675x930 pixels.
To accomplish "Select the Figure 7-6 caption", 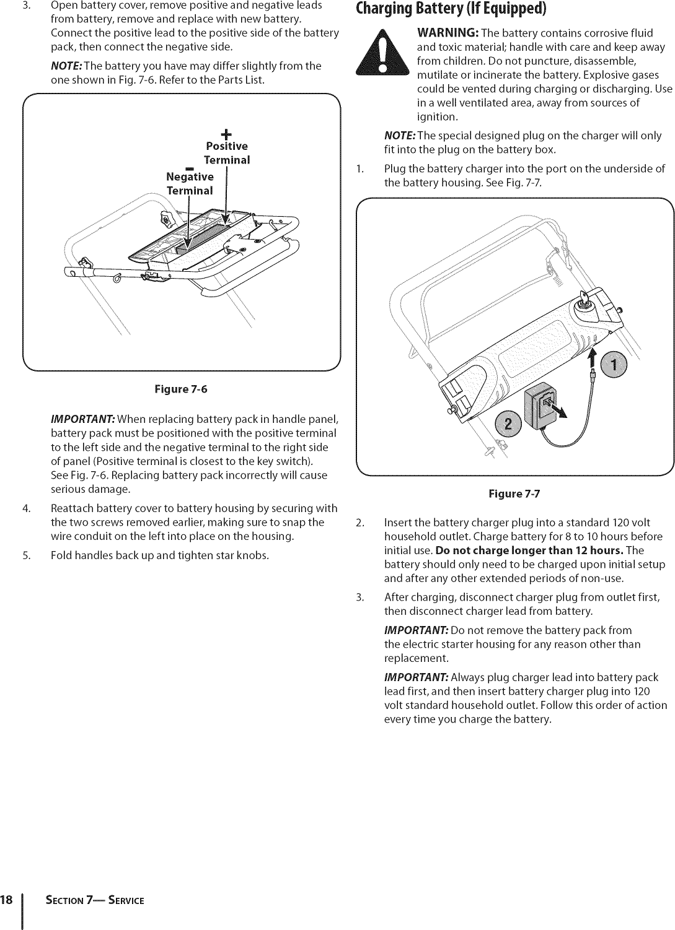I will click(182, 389).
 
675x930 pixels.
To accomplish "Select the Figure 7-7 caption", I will click(514, 493).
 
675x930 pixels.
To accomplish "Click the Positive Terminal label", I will click(227, 153).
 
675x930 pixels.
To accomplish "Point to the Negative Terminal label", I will click(190, 184).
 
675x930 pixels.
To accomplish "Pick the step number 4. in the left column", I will click(25, 508).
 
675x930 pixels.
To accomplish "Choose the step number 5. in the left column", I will click(25, 555).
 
